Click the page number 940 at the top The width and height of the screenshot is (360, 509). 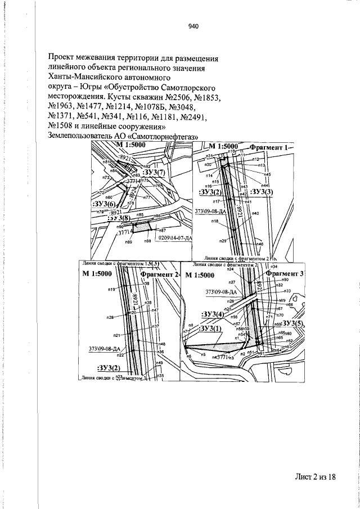194,26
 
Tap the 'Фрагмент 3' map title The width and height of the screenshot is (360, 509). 285,273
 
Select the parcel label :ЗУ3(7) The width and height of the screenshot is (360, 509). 154,172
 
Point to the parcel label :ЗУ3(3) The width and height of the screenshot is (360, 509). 262,192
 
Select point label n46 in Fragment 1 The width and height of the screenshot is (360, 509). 260,244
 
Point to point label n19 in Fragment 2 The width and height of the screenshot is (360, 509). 111,289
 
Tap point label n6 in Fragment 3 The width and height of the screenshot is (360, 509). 189,356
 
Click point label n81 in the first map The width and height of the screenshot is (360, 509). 106,163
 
